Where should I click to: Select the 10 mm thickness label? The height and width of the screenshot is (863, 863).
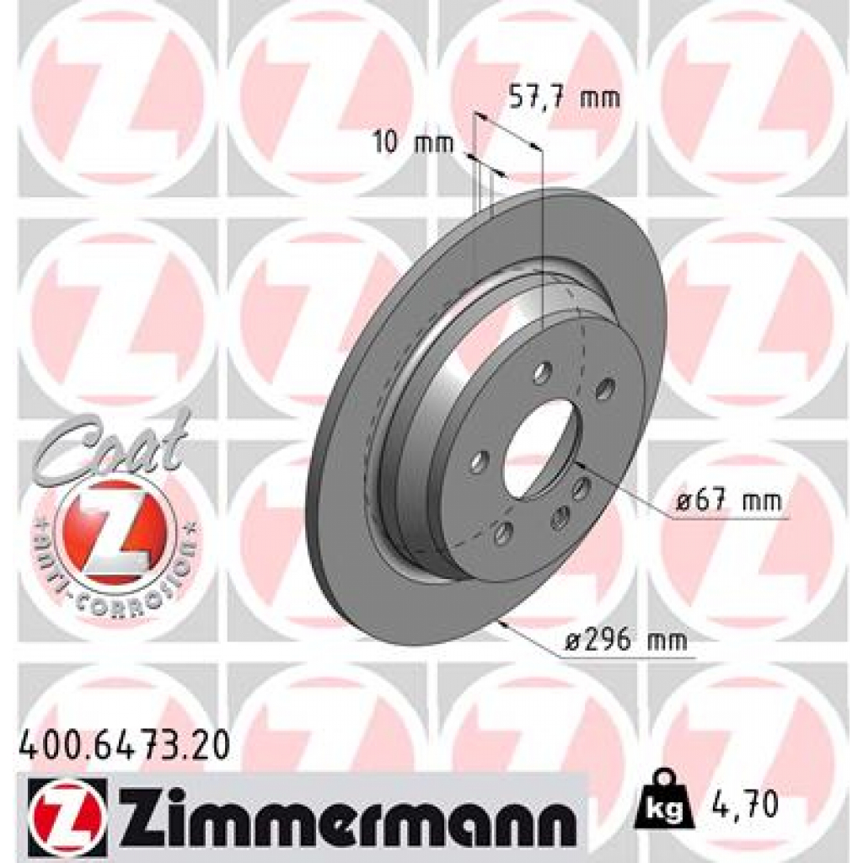click(x=413, y=143)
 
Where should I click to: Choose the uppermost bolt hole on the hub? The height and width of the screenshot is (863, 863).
click(x=543, y=372)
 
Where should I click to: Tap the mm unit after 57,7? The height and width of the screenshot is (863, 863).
click(x=602, y=98)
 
